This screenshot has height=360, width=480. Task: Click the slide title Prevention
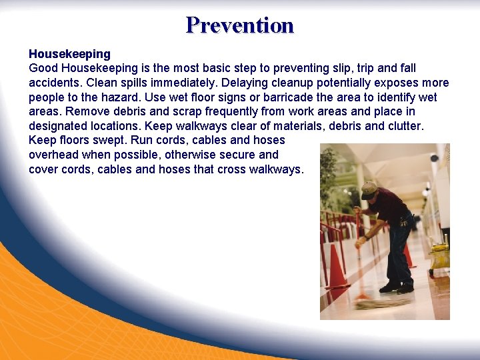tap(240, 25)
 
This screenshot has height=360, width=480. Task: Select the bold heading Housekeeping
tap(69, 53)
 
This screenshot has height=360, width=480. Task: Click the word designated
tap(59, 126)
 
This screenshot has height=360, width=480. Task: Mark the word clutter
tap(401, 126)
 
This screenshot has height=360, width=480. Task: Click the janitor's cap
tap(369, 188)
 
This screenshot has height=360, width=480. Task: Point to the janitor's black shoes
tap(397, 287)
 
